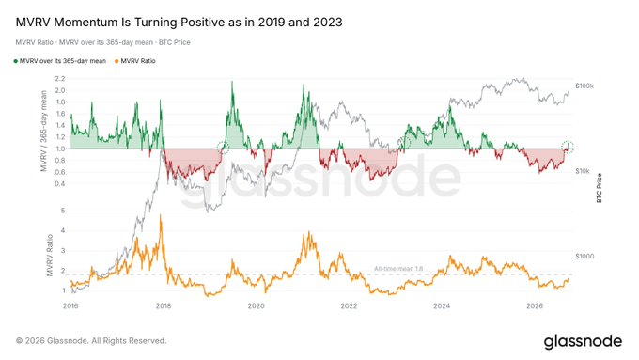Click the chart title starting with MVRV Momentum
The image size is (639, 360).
click(x=179, y=22)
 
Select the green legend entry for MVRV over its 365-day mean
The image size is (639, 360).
click(x=60, y=61)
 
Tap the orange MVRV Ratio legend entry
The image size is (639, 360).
click(x=135, y=61)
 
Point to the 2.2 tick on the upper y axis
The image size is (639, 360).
click(x=60, y=79)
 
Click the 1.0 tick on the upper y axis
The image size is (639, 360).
click(x=60, y=149)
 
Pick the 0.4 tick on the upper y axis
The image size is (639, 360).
click(x=60, y=184)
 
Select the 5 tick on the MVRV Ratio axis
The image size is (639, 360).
click(x=63, y=211)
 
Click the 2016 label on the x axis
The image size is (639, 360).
click(x=70, y=305)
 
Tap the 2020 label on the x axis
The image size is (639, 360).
click(x=256, y=305)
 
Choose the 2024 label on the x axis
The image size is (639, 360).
click(x=442, y=305)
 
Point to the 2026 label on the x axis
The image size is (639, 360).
click(x=535, y=305)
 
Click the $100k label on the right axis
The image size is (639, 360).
click(x=584, y=86)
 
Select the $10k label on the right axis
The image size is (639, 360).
click(x=583, y=171)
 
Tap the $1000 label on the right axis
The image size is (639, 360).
click(x=584, y=257)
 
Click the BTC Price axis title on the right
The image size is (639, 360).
click(x=600, y=188)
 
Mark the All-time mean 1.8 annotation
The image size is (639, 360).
click(x=398, y=269)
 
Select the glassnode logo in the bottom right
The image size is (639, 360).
click(x=583, y=341)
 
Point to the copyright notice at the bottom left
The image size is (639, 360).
click(x=91, y=341)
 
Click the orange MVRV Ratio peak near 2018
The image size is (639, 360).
click(x=161, y=215)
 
